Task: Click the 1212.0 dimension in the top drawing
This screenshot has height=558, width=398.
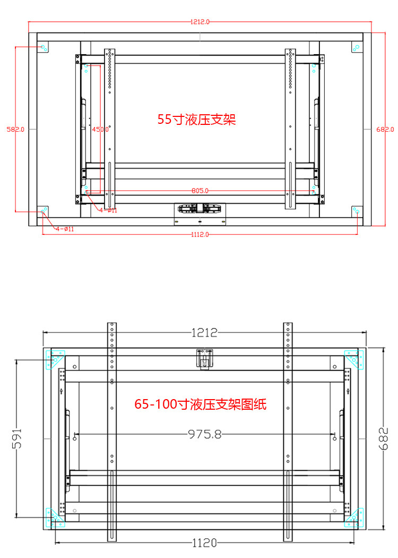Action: coord(200,22)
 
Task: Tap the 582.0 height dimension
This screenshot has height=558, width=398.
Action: coord(15,129)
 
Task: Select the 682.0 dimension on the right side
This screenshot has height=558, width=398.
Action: coord(385,129)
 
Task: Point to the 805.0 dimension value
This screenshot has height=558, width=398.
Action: coord(200,190)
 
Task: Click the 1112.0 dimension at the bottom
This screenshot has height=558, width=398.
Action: coord(200,234)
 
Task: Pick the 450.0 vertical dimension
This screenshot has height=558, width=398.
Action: coord(100,129)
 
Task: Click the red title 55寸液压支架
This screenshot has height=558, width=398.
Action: coord(196,119)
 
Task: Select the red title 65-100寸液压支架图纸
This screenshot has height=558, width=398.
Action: coord(200,404)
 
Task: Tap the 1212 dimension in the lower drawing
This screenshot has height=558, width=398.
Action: coord(204,333)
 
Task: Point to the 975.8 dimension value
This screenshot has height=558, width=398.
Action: coord(204,434)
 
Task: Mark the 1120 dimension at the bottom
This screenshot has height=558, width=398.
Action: coord(204,543)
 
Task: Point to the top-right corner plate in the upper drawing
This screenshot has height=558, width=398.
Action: coord(357,47)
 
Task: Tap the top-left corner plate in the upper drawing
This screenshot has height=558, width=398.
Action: coord(43,47)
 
